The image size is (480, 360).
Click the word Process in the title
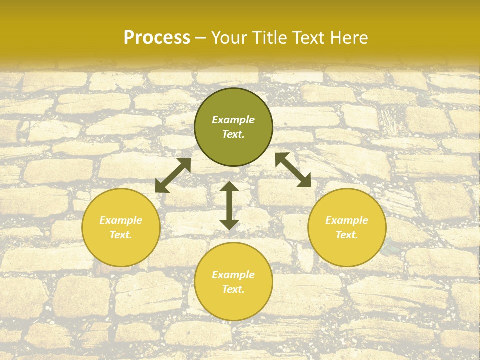tap(157, 38)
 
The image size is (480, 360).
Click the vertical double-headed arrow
tap(229, 205)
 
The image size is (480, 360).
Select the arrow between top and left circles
tap(173, 175)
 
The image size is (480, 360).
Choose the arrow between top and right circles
tap(293, 170)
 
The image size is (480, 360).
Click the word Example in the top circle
tap(233, 120)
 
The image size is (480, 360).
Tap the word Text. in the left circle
tap(121, 235)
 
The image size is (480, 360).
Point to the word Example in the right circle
tap(347, 220)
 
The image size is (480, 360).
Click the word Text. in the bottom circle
tap(233, 289)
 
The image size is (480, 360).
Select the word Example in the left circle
tap(121, 220)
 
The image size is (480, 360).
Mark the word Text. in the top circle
tap(233, 134)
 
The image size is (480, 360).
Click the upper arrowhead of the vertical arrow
tap(229, 187)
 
